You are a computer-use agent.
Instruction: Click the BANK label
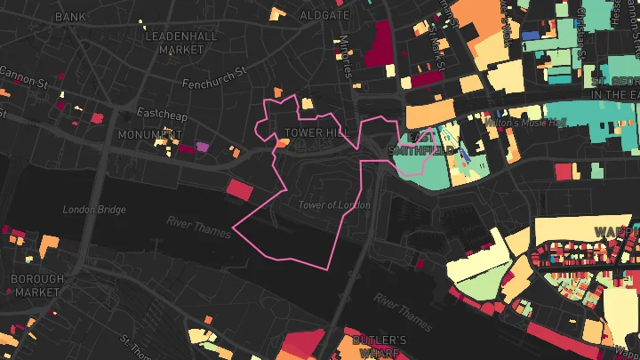click(70, 17)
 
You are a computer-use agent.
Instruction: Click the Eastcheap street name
click(159, 113)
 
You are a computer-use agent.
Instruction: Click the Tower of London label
click(334, 205)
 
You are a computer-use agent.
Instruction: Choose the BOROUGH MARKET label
click(36, 284)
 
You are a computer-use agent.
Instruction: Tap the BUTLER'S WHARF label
click(380, 347)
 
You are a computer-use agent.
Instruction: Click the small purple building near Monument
click(202, 146)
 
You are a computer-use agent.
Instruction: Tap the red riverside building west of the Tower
click(239, 189)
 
